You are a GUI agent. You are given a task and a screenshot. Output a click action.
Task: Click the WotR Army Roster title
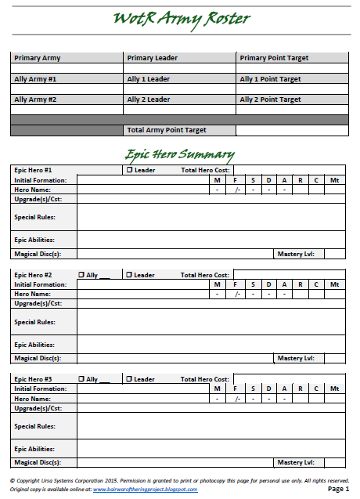[180, 19]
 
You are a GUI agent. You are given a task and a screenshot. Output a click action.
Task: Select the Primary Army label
[37, 58]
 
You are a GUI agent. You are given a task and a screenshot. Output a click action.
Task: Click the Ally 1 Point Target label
[270, 79]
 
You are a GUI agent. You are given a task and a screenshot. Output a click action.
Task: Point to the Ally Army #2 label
[35, 99]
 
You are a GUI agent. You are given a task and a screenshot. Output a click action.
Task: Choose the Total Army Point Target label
[167, 130]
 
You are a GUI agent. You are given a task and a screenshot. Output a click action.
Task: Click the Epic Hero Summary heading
[179, 154]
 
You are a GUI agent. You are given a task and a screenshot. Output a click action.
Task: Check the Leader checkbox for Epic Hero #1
[129, 169]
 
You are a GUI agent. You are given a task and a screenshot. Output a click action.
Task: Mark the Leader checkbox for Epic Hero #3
[129, 379]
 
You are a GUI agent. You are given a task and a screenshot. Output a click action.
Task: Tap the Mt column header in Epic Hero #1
[334, 180]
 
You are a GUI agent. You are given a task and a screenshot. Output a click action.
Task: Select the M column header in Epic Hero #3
[218, 389]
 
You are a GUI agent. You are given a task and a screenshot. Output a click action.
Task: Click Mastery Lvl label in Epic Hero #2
[296, 358]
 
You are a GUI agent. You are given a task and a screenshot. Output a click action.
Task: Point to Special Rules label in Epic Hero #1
[34, 218]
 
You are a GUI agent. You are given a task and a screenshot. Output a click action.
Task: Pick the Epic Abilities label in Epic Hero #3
[34, 449]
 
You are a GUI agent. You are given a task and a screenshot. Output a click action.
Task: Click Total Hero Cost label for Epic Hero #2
[204, 275]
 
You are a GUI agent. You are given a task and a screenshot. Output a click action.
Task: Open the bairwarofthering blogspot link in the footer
[146, 489]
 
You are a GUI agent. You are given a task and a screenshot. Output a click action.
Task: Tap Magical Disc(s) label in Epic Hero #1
[38, 254]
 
